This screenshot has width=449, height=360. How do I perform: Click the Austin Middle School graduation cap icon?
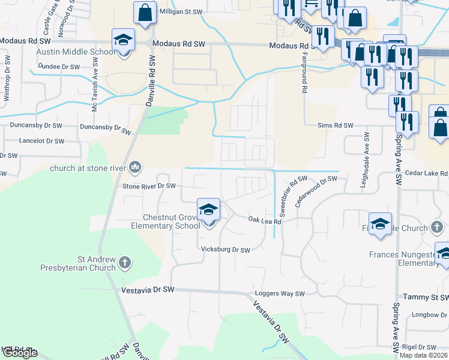[x=123, y=40]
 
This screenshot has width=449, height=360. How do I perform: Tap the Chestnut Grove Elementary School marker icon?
[x=208, y=209]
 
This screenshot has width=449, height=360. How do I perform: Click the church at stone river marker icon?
[x=136, y=167]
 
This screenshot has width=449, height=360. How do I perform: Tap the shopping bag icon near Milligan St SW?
[x=145, y=13]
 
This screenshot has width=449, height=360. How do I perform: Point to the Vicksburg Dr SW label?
[x=225, y=250]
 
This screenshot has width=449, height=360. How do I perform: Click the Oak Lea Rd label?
[x=265, y=221]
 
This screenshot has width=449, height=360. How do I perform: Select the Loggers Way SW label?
[x=280, y=294]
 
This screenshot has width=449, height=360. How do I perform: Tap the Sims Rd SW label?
[x=335, y=125]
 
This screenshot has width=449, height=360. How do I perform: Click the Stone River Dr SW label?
[x=149, y=187]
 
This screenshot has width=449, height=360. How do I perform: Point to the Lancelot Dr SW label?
[x=41, y=141]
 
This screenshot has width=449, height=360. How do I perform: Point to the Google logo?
[x=20, y=353]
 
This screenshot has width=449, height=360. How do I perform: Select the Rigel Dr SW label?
[x=420, y=347]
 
